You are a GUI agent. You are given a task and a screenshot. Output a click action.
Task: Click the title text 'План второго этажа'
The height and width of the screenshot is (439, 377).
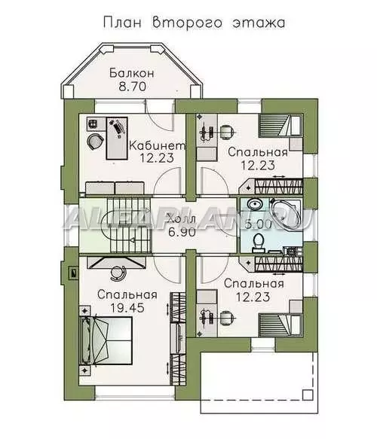coord(194,23)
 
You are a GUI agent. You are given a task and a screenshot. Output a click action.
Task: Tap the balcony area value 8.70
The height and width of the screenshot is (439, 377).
coord(132,87)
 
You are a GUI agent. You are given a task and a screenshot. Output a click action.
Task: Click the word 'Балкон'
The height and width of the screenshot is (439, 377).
coord(132,73)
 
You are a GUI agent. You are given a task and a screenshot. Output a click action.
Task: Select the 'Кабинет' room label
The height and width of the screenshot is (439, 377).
coord(158,145)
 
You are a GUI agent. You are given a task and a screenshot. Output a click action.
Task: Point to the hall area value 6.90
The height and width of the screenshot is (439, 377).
coord(182,232)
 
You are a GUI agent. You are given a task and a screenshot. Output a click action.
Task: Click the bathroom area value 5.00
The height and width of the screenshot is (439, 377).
coord(258,224)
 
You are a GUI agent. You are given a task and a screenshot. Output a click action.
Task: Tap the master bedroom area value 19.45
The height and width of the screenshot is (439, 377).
coord(127,308)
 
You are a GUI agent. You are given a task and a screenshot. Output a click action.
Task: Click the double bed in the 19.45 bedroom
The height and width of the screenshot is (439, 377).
coord(106,340)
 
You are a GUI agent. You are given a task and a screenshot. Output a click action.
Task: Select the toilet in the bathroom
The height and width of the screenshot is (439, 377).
coord(258,242)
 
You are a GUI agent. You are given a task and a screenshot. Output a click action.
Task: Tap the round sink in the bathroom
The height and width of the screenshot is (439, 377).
coord(255,204)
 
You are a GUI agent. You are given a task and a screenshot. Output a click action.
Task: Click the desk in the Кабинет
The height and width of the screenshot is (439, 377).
coord(117,139)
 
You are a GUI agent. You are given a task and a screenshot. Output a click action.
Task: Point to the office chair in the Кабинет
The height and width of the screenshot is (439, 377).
coord(95,141)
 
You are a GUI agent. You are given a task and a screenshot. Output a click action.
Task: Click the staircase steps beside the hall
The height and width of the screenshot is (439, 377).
coord(130,225)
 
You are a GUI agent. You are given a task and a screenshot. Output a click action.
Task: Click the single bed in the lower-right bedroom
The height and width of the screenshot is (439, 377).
coord(280,325)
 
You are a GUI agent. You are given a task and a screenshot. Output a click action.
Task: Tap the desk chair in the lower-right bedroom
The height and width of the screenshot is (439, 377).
coord(227,319)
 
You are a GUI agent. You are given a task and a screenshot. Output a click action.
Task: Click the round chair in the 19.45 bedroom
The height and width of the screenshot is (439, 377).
coord(118,273)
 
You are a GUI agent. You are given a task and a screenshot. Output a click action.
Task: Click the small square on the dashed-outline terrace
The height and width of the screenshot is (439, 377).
coord(308,395)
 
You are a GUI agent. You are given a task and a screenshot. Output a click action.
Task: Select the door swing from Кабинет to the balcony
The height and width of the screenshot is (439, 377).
coord(158,120)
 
